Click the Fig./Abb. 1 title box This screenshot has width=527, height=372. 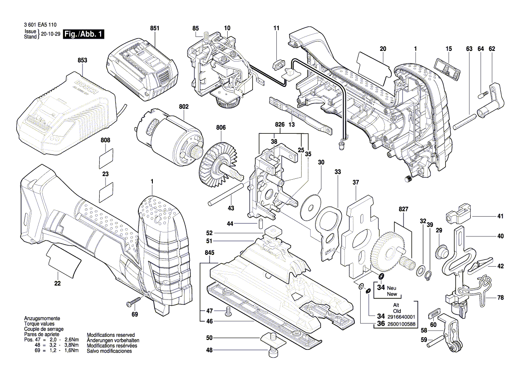[83, 34]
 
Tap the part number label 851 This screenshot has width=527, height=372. [155, 28]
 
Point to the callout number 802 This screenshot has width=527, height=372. [184, 107]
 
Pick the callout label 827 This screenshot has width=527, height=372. [403, 209]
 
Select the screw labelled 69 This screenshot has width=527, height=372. [134, 300]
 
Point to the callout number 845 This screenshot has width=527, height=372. [210, 253]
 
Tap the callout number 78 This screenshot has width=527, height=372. [500, 298]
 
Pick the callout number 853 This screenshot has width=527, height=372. [82, 60]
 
